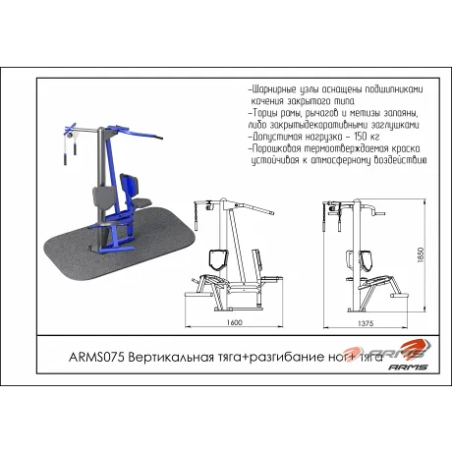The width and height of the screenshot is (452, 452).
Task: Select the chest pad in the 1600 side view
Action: [219, 257]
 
